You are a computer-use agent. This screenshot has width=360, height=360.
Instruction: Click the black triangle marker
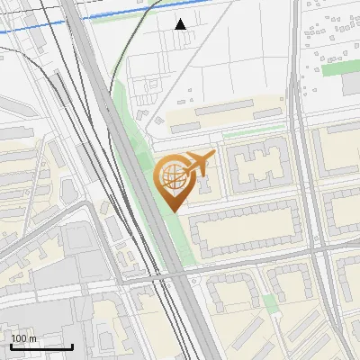(181, 23)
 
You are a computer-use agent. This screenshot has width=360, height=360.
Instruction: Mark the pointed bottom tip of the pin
(174, 211)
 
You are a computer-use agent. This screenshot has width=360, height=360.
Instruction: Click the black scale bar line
(41, 347)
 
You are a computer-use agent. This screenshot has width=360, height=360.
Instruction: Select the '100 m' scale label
(23, 338)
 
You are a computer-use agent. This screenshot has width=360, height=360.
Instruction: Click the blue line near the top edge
(54, 24)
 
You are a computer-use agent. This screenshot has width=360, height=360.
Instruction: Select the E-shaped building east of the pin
(256, 166)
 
